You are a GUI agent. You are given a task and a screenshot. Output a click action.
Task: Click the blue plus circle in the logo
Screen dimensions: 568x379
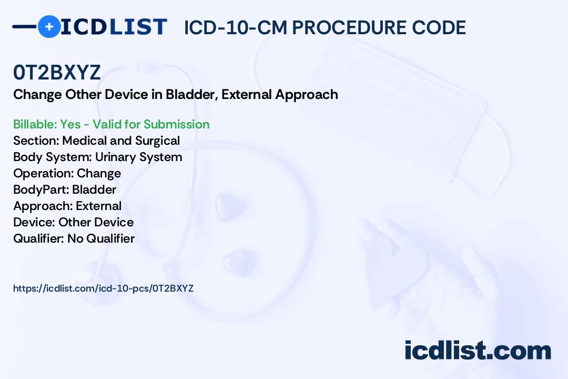click(x=49, y=27)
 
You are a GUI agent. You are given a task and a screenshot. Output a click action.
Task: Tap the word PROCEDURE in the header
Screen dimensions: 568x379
click(x=349, y=27)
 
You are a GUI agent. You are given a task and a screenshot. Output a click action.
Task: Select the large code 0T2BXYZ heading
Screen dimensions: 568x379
click(x=57, y=72)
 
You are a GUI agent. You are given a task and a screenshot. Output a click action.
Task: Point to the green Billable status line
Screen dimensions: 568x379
click(x=111, y=124)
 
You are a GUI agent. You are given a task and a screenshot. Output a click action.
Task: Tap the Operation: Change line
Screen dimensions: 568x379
click(x=67, y=174)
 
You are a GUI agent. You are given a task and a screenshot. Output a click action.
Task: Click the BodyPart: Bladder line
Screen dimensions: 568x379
click(x=65, y=189)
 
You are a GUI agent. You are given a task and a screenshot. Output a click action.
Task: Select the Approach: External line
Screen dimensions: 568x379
click(x=67, y=206)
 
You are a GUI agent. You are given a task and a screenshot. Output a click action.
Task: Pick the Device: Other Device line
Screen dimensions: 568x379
click(x=74, y=222)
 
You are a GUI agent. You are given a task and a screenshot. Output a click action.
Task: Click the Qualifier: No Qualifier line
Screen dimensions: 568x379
click(x=74, y=238)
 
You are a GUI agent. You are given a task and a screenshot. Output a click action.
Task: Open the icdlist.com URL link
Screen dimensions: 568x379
click(x=103, y=288)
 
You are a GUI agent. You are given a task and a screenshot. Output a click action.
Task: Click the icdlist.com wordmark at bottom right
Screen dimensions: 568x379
click(x=478, y=350)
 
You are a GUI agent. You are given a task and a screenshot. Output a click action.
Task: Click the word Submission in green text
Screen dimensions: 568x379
click(x=176, y=124)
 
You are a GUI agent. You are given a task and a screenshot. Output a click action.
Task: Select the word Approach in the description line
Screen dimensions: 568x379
click(x=307, y=95)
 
